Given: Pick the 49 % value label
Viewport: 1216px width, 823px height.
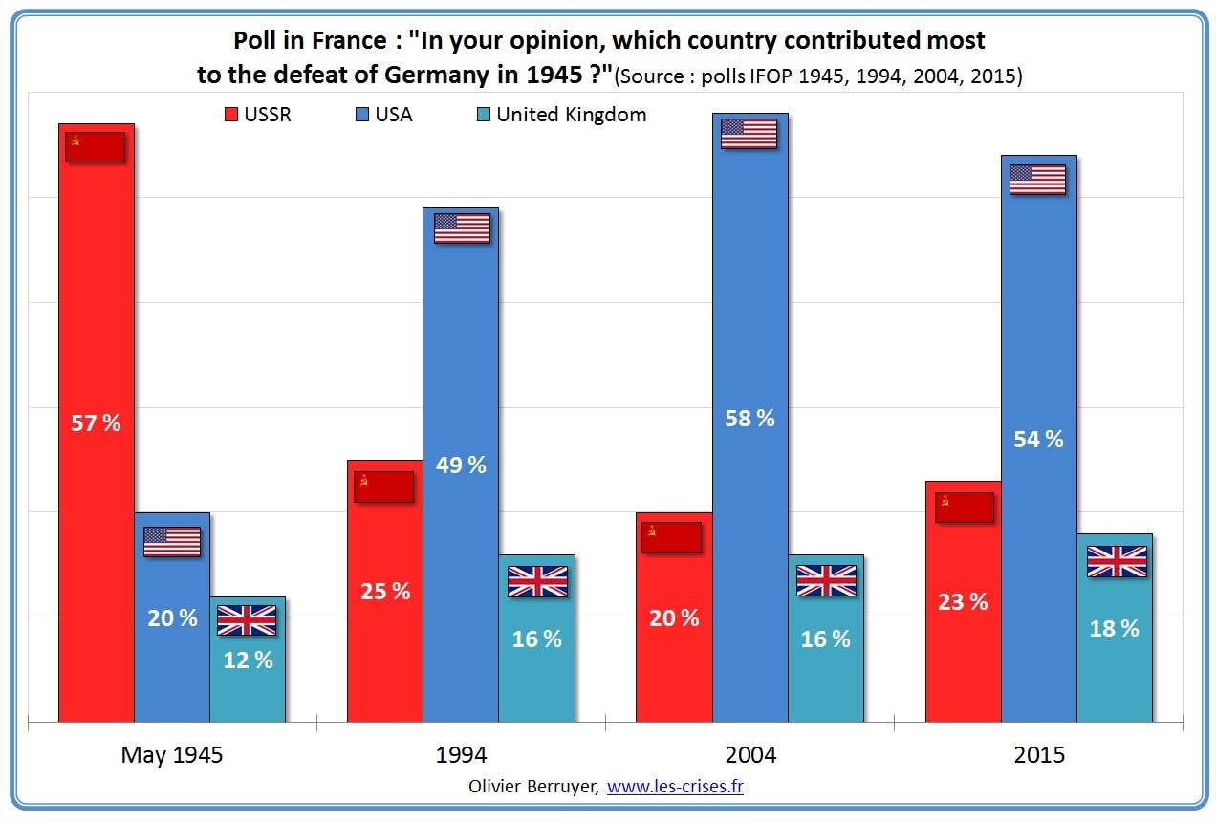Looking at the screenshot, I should (x=461, y=466).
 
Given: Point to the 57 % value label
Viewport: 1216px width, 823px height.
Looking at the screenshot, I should (x=96, y=423).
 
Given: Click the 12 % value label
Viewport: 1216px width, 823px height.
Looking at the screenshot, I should (x=248, y=660).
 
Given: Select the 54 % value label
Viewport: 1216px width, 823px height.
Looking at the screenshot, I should (x=1038, y=440).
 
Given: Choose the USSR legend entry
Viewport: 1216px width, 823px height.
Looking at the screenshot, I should (x=257, y=115).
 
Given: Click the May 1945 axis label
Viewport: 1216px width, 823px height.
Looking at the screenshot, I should (x=172, y=755).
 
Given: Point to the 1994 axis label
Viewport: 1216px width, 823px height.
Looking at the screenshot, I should (x=461, y=755).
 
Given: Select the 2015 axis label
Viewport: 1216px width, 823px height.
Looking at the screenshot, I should (x=1038, y=755).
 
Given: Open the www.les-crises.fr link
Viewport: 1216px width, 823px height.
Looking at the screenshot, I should (x=675, y=787).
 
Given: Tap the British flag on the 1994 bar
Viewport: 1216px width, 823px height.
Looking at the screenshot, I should (x=537, y=581).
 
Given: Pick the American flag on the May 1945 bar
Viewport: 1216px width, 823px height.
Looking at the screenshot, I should (x=172, y=542).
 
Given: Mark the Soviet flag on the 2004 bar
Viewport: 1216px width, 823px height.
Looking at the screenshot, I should (x=672, y=537).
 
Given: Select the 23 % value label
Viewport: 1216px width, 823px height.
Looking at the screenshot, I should (x=963, y=602).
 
